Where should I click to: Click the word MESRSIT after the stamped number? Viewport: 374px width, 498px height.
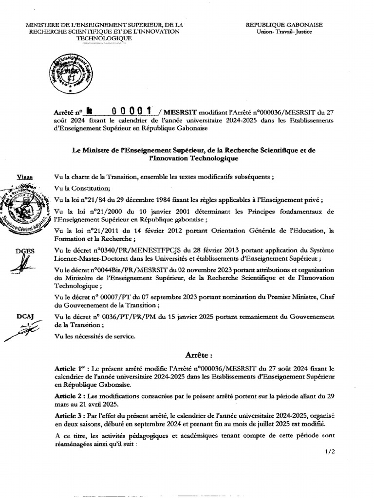tap(174, 111)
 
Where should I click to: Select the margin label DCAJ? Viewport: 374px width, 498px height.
tap(24, 317)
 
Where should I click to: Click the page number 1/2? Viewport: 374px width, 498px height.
tap(330, 452)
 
